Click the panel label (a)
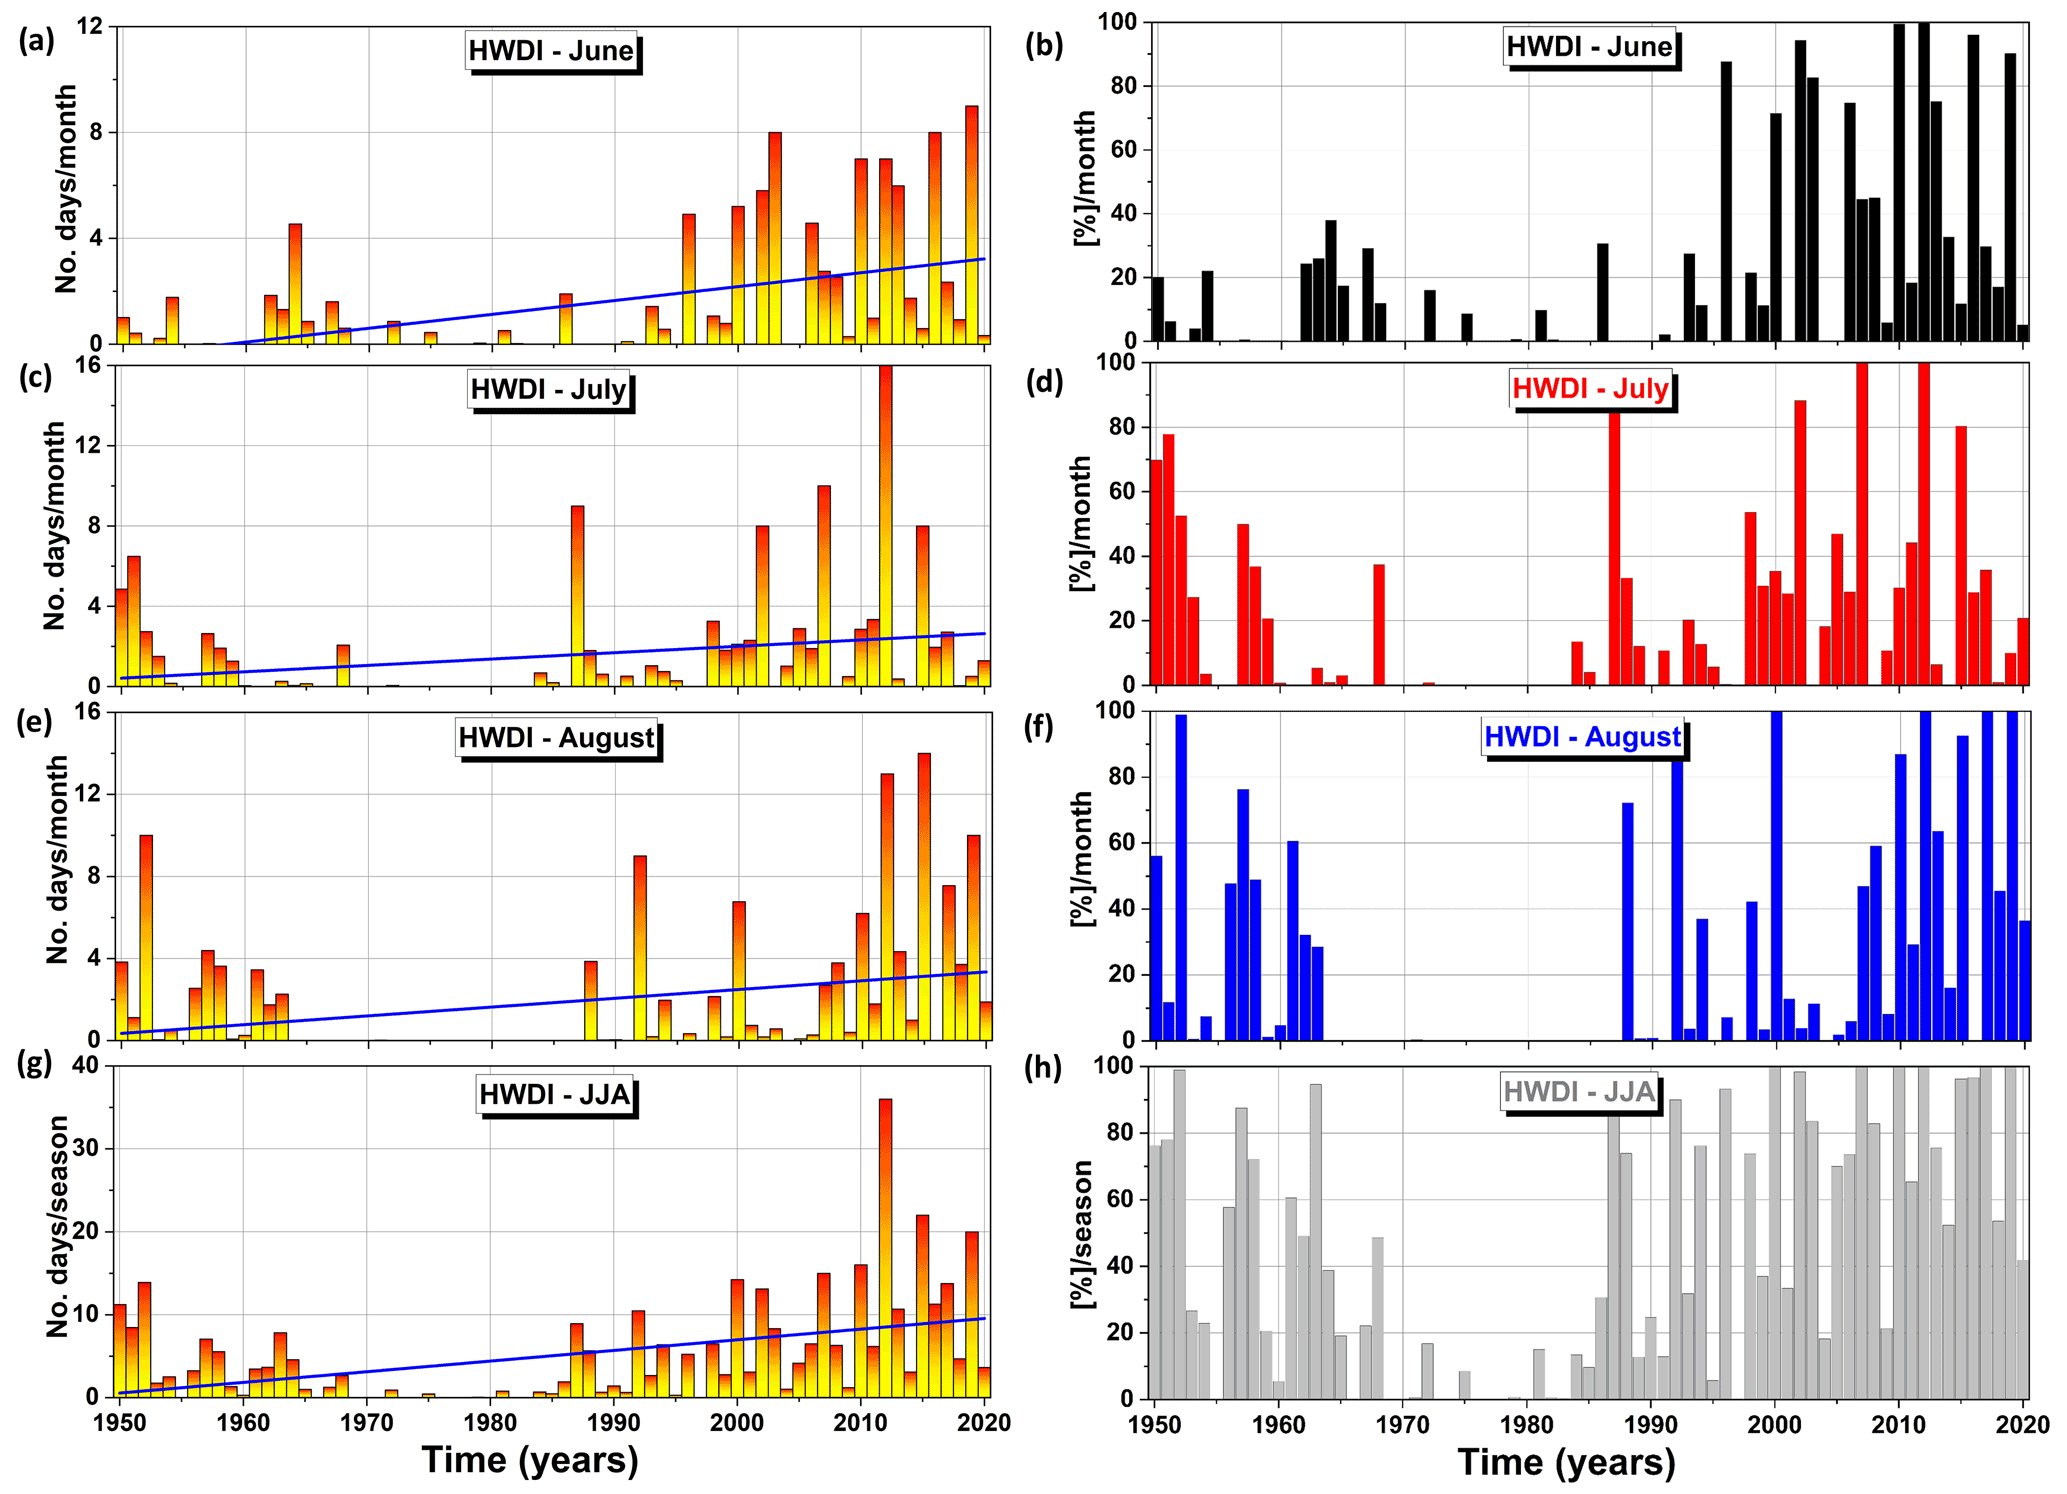coord(37,42)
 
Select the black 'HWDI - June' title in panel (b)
coord(1589,47)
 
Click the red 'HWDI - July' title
coord(1590,388)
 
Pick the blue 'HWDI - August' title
coord(1582,737)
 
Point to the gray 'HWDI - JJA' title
coord(1579,1091)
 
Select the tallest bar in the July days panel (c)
coord(885,525)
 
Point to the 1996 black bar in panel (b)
coord(1726,200)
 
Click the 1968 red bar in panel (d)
coord(1379,624)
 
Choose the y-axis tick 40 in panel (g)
coord(86,1066)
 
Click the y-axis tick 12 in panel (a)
coord(90,26)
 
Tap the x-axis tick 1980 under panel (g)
coord(490,1423)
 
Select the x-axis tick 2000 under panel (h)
coord(1774,1425)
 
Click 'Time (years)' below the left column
coord(530,1461)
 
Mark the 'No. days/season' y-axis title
coord(58,1226)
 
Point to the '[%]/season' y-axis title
coord(1082,1234)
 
